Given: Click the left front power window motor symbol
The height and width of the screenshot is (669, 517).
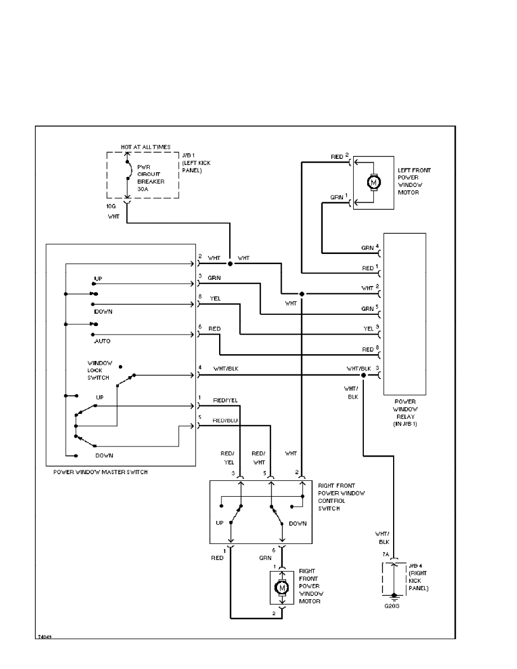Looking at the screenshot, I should pyautogui.click(x=372, y=182).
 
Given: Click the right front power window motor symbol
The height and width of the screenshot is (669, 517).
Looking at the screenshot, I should pyautogui.click(x=280, y=587).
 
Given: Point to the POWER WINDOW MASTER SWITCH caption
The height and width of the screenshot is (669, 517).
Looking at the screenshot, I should pyautogui.click(x=100, y=472).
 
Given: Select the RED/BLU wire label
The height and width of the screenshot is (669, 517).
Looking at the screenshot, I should pyautogui.click(x=225, y=420).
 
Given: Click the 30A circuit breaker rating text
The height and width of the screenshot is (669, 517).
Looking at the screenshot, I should pyautogui.click(x=144, y=189).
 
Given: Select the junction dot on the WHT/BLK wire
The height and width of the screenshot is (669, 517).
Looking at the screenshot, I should pyautogui.click(x=363, y=374).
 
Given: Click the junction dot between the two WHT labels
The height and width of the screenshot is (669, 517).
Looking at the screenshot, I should pyautogui.click(x=230, y=263).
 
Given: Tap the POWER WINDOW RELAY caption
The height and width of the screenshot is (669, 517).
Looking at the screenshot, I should pyautogui.click(x=404, y=411).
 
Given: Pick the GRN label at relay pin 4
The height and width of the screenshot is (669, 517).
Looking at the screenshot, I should pyautogui.click(x=367, y=247).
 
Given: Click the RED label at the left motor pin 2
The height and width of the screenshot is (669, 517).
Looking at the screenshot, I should pyautogui.click(x=337, y=156).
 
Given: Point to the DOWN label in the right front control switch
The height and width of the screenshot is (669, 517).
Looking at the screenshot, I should pyautogui.click(x=297, y=523).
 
